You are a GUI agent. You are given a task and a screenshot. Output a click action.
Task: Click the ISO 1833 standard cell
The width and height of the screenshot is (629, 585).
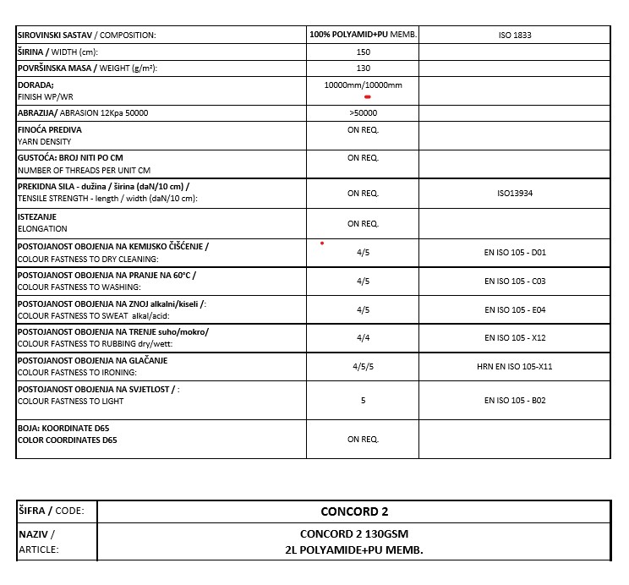tap(515, 36)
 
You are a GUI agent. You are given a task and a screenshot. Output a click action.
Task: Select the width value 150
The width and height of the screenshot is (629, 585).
tap(363, 52)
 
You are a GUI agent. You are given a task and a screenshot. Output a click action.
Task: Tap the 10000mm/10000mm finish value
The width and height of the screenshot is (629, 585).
tap(363, 85)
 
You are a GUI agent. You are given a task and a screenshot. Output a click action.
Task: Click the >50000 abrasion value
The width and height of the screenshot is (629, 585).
tap(363, 112)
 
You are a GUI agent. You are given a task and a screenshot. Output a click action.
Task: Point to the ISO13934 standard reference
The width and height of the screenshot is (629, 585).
tap(515, 194)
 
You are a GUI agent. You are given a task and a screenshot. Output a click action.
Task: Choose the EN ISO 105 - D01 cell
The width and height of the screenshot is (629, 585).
tap(515, 252)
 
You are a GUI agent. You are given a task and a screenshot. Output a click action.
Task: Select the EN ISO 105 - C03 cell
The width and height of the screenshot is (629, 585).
tap(515, 281)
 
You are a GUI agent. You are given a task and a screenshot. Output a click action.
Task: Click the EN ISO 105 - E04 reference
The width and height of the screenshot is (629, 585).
tap(515, 309)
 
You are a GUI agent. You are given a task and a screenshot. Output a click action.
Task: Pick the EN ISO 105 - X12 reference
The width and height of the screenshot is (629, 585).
tap(515, 337)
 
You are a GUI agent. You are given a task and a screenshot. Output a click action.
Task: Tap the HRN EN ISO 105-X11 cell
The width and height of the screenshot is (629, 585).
tap(515, 366)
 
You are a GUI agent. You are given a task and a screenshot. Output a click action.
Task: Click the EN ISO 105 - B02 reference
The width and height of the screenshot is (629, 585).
tap(515, 400)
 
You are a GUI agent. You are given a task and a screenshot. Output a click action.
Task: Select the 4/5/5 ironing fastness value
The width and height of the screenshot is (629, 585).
tap(363, 366)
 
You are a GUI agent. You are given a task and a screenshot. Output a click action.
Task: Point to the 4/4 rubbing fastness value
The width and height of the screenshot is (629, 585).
tap(363, 337)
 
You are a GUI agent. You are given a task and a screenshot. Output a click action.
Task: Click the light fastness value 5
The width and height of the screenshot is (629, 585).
tap(363, 400)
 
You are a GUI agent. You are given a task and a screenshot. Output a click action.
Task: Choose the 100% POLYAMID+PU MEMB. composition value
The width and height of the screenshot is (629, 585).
tap(363, 36)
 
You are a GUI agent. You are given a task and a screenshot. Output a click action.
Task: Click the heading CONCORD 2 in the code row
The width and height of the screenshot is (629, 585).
tap(354, 511)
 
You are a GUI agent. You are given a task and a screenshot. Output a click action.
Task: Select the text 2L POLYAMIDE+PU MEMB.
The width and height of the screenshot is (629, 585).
tap(354, 550)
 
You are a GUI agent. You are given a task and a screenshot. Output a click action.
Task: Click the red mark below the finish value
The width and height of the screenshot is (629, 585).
tap(368, 97)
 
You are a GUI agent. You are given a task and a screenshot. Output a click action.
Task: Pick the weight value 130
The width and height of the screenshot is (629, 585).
tap(363, 68)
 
